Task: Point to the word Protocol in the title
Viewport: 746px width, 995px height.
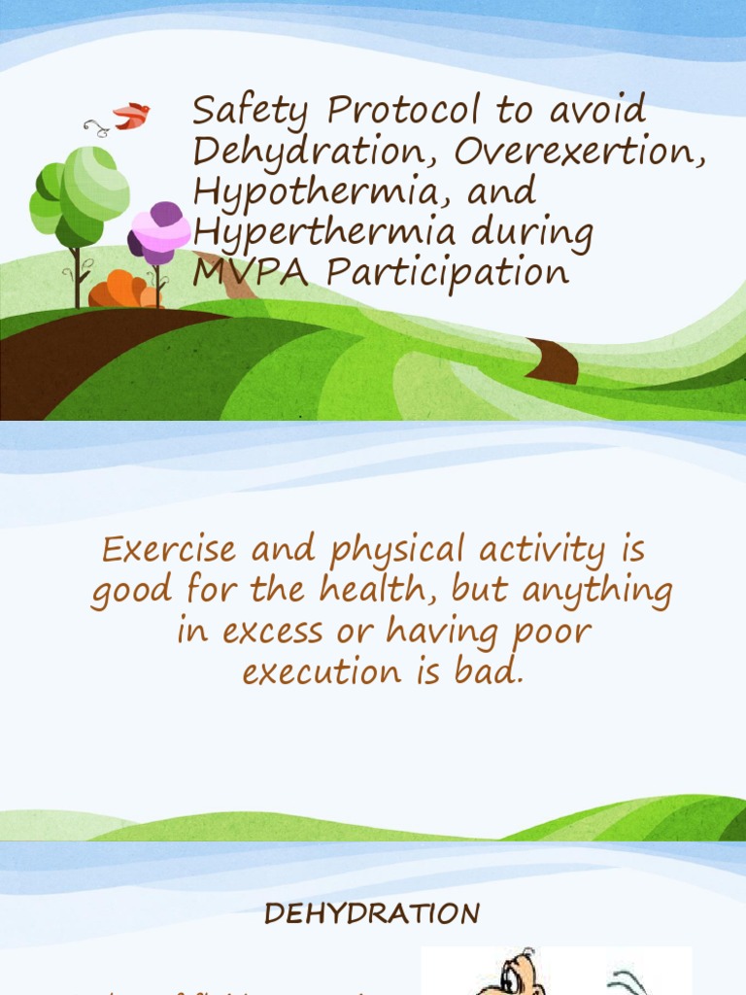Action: point(405,111)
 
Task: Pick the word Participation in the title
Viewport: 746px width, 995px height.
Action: point(447,273)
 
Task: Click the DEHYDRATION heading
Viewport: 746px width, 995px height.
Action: point(373,914)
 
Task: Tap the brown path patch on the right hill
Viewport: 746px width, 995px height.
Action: point(554,362)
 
